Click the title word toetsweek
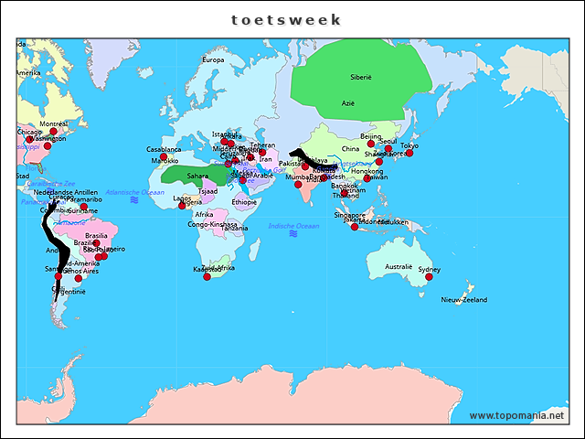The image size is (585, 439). [x=286, y=19]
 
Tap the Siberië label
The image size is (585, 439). [x=360, y=78]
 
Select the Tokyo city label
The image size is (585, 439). [x=409, y=145]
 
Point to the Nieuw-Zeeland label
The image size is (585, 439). [x=464, y=300]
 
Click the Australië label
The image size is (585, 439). [x=399, y=267]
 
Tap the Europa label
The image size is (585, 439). [x=212, y=60]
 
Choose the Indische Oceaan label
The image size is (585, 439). [x=293, y=226]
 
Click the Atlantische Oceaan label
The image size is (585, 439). [x=135, y=193]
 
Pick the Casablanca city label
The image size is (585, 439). [x=164, y=149]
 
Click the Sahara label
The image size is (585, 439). [x=197, y=176]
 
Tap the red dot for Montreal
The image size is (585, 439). [x=53, y=132]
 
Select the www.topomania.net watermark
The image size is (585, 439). [x=516, y=415]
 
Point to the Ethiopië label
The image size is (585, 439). [x=244, y=202]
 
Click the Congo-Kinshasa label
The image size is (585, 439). [x=212, y=224]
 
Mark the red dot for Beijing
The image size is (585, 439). [x=371, y=144]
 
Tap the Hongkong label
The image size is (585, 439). [x=367, y=171]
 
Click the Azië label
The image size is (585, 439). [x=348, y=103]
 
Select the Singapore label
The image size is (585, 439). [x=349, y=215]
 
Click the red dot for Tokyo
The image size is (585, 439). [x=409, y=154]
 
